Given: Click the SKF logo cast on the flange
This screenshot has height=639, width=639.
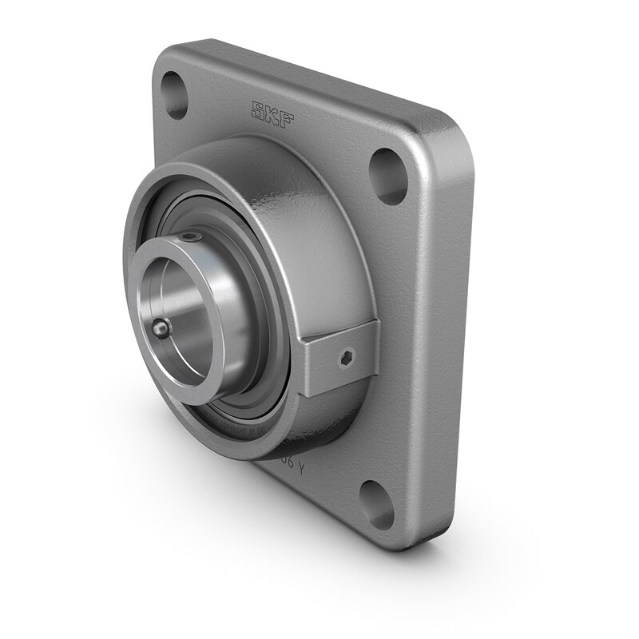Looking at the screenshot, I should (273, 113).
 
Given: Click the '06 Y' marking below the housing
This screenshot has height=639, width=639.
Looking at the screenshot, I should (288, 468).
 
